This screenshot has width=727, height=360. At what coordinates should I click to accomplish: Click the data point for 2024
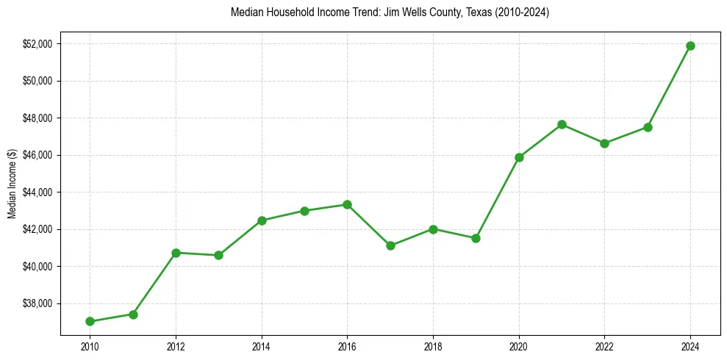[690, 46]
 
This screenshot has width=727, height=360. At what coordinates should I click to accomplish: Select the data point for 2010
[90, 321]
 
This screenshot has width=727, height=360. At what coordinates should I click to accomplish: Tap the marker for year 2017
[390, 245]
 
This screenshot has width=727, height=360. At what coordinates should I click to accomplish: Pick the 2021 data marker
[562, 124]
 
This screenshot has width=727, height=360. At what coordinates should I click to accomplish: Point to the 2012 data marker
[176, 253]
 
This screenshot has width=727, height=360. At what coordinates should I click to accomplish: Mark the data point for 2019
[476, 238]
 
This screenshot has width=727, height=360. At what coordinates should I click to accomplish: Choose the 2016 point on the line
[347, 204]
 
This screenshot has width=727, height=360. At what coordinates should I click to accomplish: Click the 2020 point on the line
[519, 157]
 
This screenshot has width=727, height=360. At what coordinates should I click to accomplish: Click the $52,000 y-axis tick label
[37, 44]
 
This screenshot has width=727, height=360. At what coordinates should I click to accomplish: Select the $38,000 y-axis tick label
[37, 303]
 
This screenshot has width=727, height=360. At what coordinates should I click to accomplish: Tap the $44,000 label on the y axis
[37, 192]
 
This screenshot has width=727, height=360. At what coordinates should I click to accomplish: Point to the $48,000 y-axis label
[37, 118]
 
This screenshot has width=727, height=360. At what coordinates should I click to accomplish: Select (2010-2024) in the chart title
[523, 13]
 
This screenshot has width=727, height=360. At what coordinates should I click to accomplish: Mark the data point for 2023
[648, 127]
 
